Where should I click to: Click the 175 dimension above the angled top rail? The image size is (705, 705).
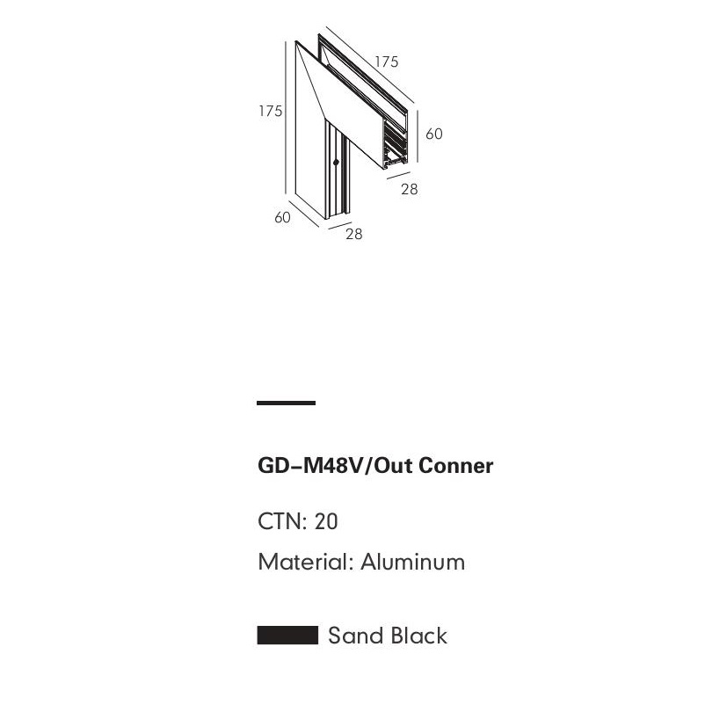[387, 62]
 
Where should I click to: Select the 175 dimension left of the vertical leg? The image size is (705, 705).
[270, 111]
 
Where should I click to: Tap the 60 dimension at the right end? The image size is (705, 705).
[434, 134]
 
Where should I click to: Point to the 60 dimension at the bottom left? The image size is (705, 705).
[282, 217]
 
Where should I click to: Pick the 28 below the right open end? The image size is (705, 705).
[409, 189]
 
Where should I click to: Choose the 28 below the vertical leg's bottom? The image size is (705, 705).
[353, 234]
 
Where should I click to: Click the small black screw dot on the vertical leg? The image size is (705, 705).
[336, 163]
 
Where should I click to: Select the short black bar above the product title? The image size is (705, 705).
[286, 403]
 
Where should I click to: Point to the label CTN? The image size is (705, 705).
[281, 521]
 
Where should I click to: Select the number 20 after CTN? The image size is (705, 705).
[326, 521]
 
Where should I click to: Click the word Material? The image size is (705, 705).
[305, 562]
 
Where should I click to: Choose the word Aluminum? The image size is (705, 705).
[412, 562]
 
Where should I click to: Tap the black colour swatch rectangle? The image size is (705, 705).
[287, 636]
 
